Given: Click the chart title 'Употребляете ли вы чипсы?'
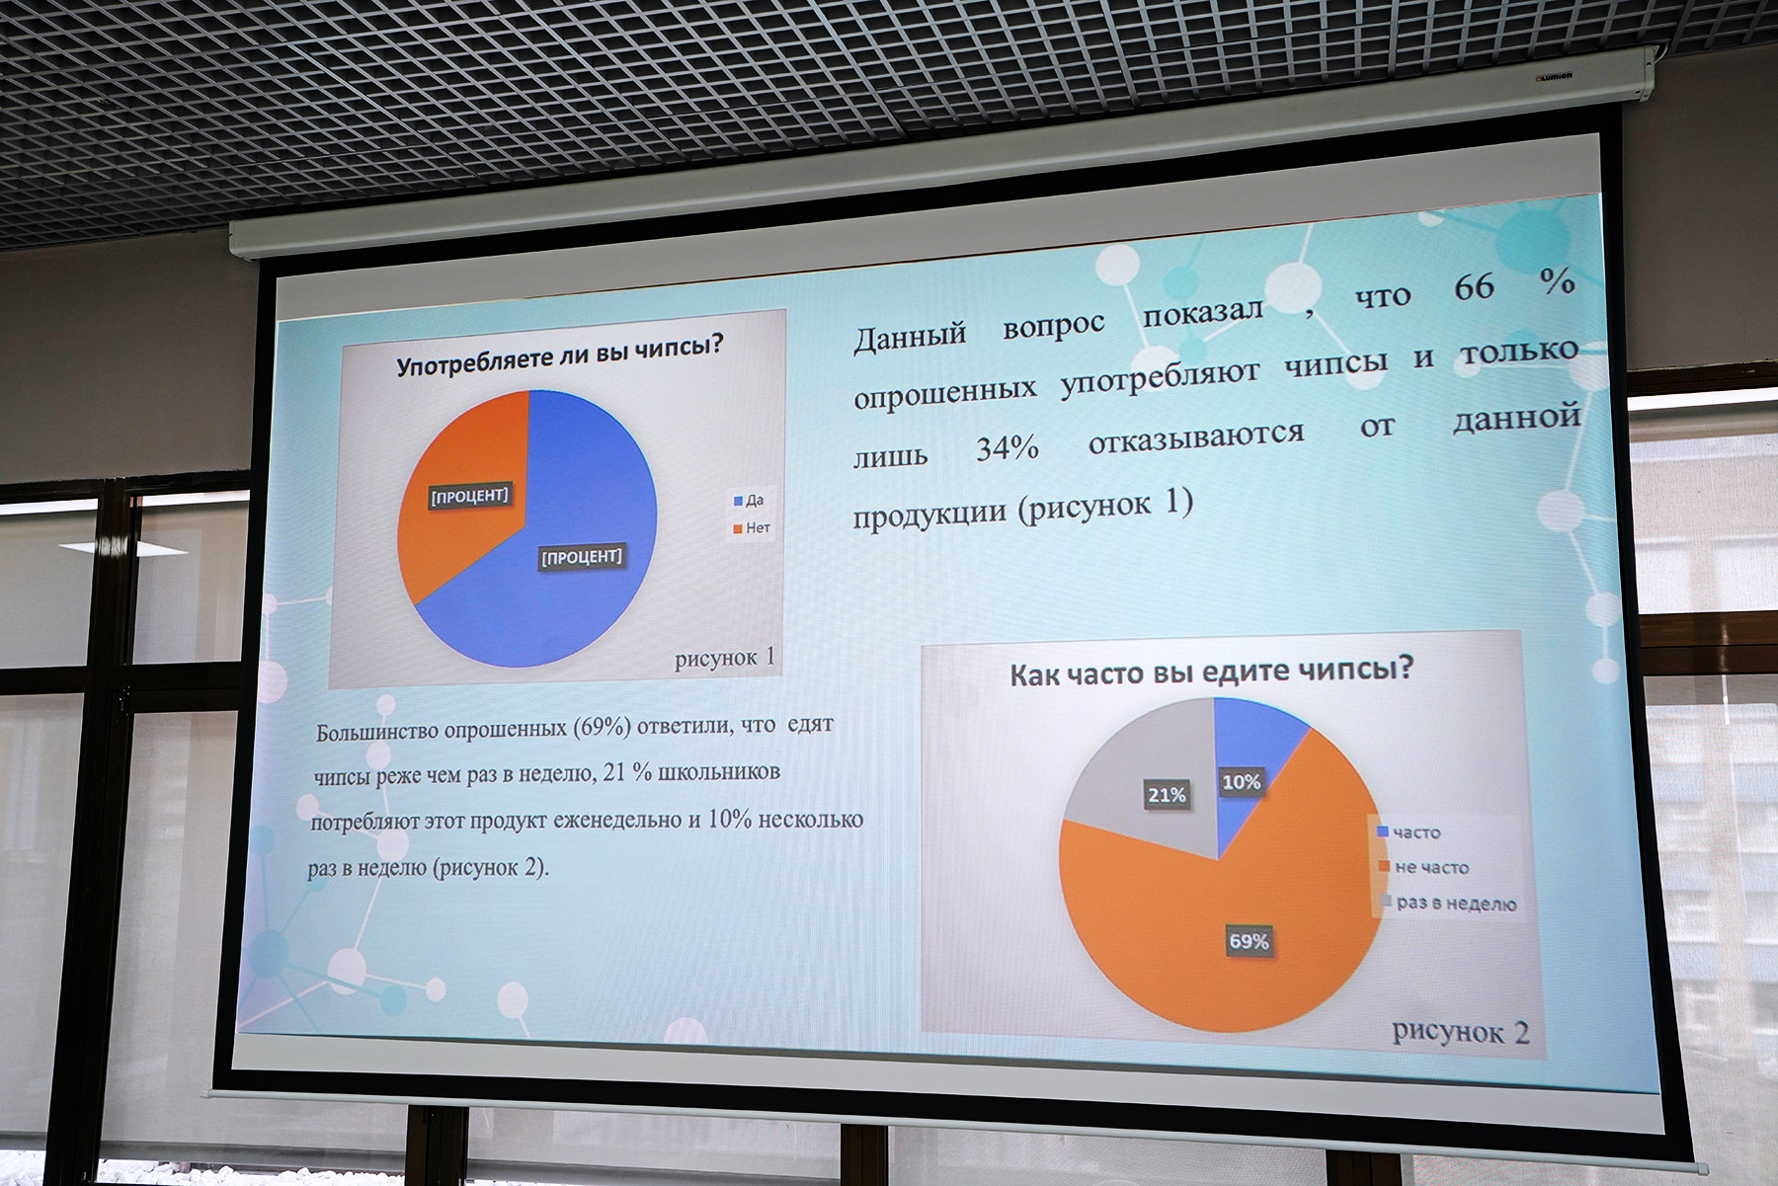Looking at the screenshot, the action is point(560,354).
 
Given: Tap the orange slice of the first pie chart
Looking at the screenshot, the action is point(460,484).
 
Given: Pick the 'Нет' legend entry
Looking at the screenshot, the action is point(752,528).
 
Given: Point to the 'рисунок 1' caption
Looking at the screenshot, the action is point(725,658).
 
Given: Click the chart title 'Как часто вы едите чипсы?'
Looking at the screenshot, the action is point(1211,672).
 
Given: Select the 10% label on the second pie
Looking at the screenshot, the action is point(1241,782).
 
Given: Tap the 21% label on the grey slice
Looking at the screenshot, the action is point(1167,794).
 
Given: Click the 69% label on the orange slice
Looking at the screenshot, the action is point(1249,941).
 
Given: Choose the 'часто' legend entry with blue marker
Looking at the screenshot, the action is point(1410,832).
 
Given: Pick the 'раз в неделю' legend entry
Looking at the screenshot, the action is point(1448,903).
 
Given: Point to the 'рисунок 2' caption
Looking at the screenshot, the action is point(1461,1032).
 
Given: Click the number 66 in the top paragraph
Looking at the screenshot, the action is point(1474,287).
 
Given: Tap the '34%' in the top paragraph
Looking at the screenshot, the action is point(1008,449).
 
